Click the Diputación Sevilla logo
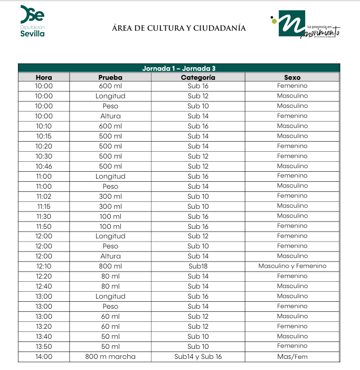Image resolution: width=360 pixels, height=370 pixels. (32, 21)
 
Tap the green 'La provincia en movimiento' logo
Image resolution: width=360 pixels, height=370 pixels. (305, 25)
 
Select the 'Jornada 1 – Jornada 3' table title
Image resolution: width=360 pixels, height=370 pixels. (178, 68)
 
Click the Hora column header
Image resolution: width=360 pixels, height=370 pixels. (44, 77)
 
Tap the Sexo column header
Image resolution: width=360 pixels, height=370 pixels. (292, 77)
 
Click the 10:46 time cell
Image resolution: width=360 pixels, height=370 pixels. (44, 166)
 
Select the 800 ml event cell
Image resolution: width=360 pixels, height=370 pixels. (110, 266)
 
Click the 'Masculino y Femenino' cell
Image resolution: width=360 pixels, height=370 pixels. (292, 266)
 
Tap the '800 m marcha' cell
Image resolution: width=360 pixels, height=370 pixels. (110, 357)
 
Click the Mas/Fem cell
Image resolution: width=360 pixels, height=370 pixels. (292, 357)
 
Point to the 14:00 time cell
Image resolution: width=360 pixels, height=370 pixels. (44, 357)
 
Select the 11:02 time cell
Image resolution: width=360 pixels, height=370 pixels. (44, 196)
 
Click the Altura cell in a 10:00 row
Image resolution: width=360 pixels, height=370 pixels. (110, 116)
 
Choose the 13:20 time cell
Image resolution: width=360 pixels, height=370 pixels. (44, 327)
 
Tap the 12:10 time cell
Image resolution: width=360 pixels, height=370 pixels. (44, 266)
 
